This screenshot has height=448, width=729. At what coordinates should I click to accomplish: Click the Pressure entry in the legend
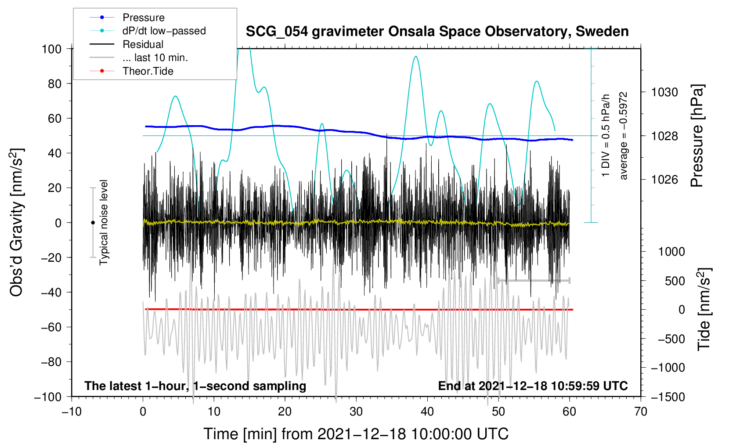[143, 18]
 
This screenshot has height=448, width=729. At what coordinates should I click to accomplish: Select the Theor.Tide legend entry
[148, 71]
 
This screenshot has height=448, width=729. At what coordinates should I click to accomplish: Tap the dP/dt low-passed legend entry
[164, 31]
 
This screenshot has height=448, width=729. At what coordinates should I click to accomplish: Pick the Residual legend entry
[143, 44]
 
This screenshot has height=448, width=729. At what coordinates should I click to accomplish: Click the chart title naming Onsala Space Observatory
[437, 32]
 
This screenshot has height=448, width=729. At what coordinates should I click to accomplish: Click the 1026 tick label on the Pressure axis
[664, 180]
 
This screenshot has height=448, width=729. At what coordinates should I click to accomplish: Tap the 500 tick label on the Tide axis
[675, 281]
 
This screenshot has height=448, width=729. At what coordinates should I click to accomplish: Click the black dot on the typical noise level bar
[93, 223]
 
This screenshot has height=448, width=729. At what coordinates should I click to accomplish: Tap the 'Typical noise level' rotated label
[104, 222]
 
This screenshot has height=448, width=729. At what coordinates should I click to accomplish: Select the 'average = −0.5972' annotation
[624, 136]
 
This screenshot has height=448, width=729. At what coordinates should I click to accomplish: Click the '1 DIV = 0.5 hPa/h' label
[606, 136]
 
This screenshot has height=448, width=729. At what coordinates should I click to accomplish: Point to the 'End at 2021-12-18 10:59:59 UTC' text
[533, 386]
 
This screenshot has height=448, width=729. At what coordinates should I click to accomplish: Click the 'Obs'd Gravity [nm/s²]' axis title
[17, 222]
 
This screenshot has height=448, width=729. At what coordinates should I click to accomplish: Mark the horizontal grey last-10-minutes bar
[533, 280]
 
